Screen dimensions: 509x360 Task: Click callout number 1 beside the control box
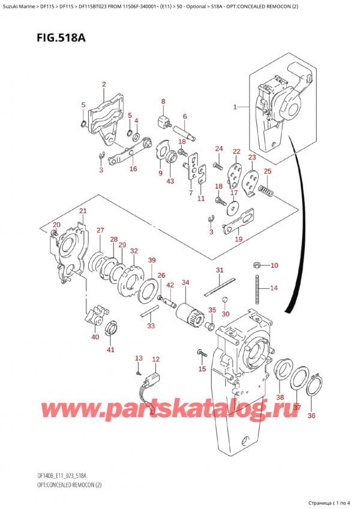pos(235,107)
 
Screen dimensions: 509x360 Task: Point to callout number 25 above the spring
pos(267,172)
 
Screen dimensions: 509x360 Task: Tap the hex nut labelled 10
pos(256,265)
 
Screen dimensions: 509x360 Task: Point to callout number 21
pos(83,211)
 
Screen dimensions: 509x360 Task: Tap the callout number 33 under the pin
pos(150,326)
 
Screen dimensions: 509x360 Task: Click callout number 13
pos(139,358)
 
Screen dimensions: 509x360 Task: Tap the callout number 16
pos(133,169)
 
